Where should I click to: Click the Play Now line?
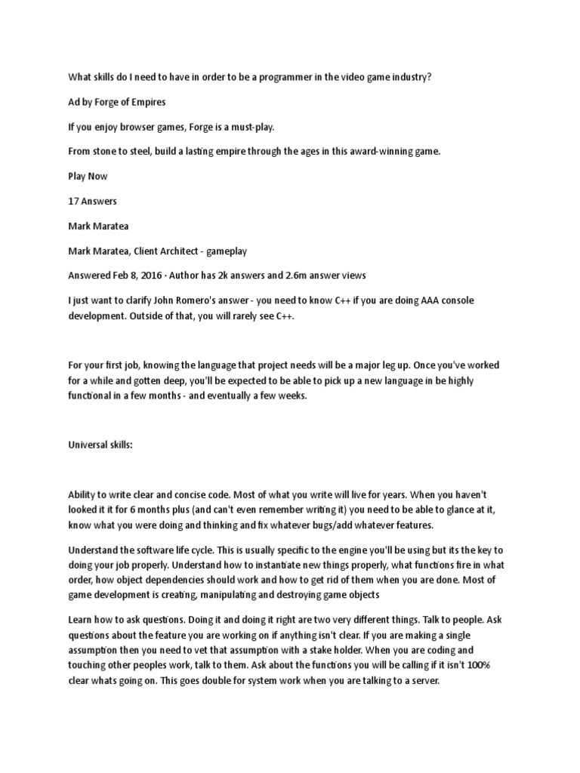tap(88, 176)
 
